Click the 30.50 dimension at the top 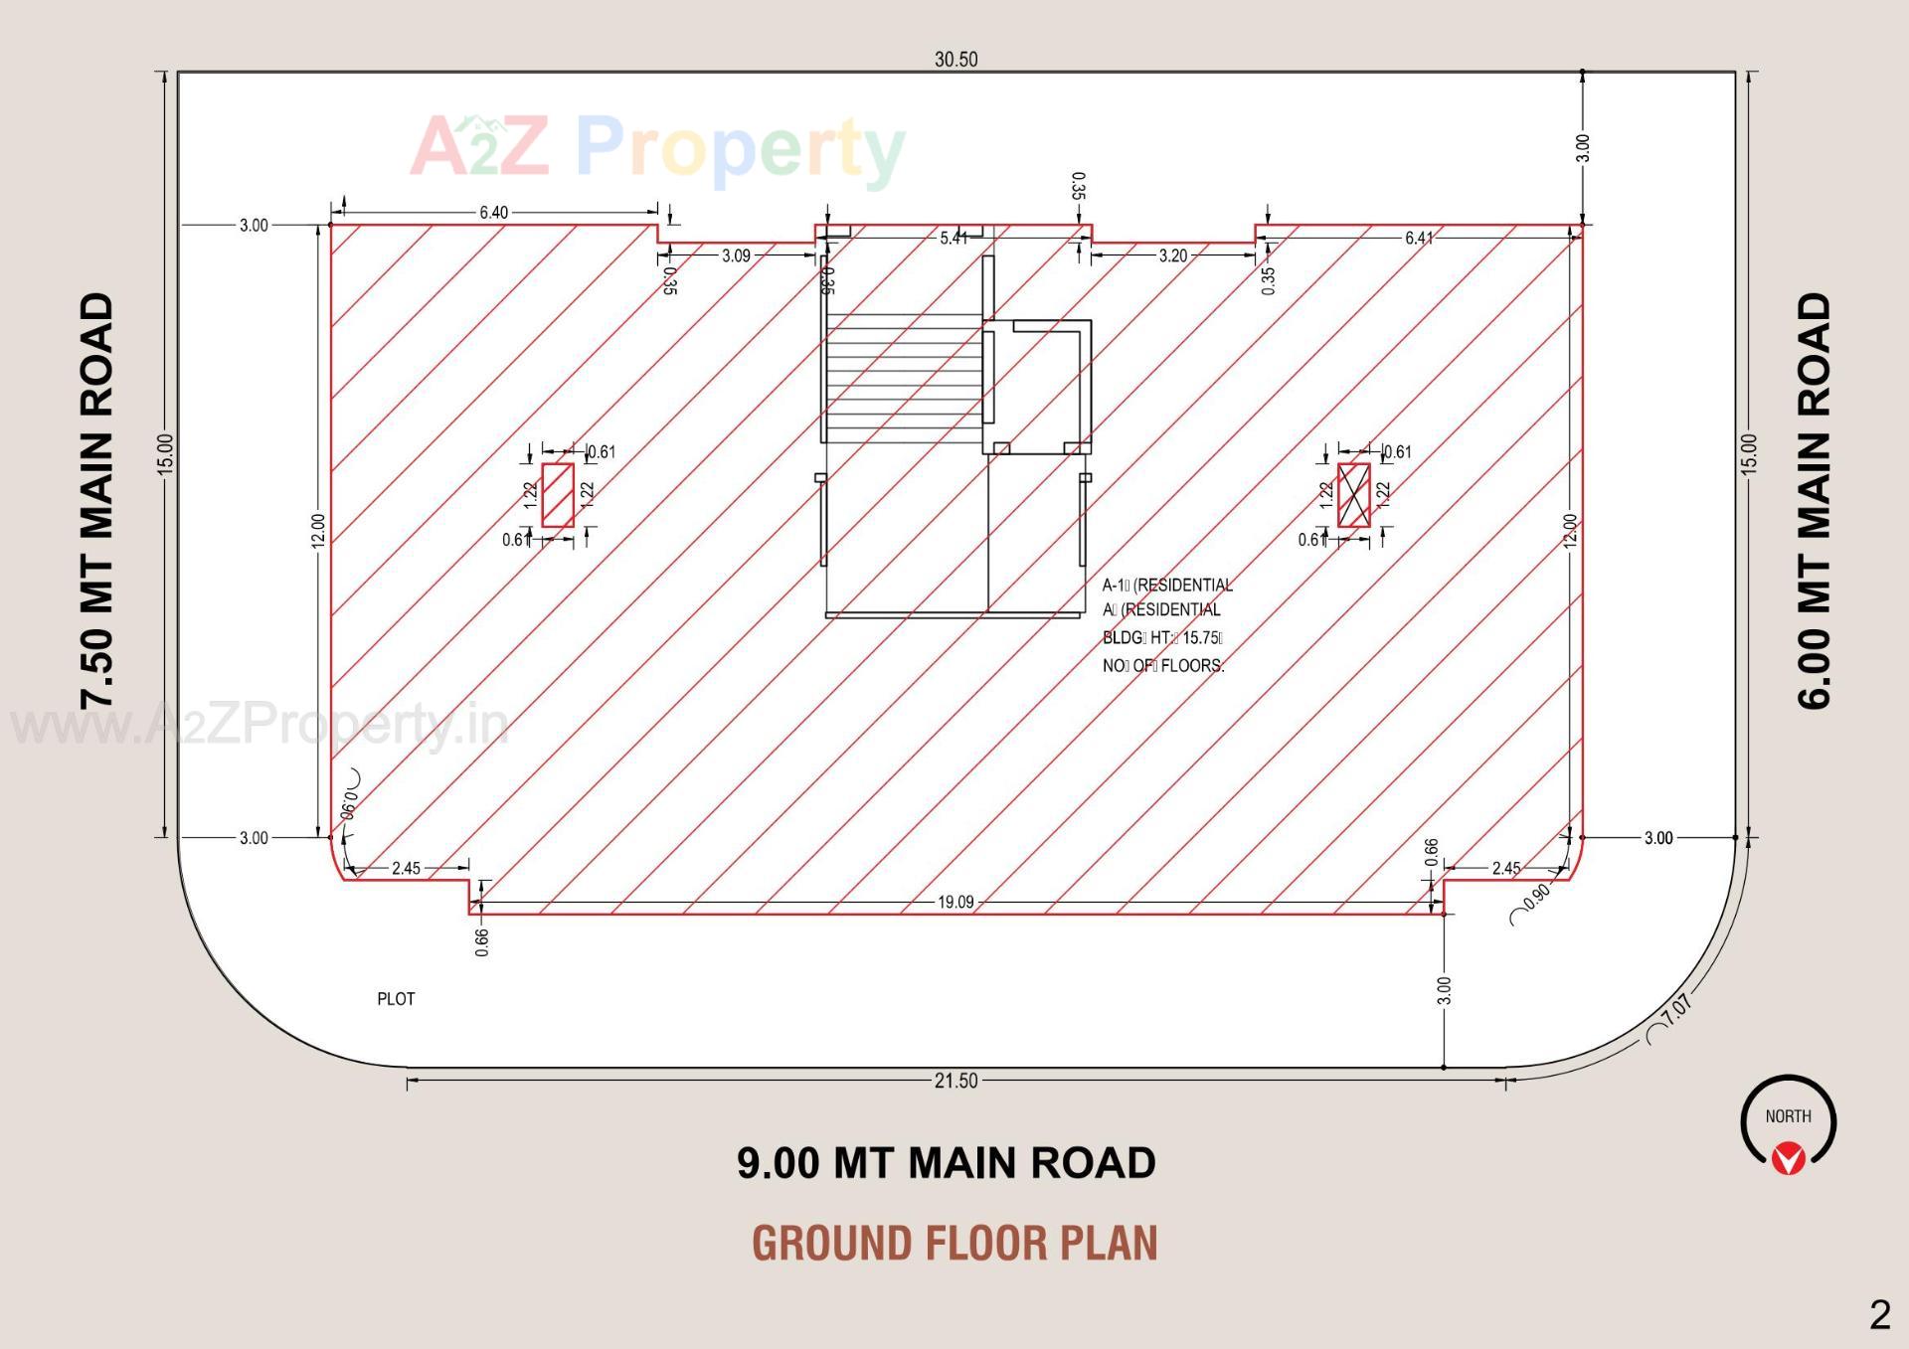coord(955,60)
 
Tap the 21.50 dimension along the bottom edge coord(955,1081)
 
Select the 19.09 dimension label coord(955,903)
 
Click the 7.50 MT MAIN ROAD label coord(97,500)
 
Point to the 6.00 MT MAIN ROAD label coord(1815,500)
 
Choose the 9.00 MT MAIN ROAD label coord(946,1162)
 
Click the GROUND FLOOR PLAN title coord(954,1243)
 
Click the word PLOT coord(396,999)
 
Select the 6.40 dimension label coord(493,212)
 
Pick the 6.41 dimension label coord(1419,238)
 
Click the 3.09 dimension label coord(736,255)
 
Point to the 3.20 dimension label coord(1172,255)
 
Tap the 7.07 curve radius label coord(1675,1010)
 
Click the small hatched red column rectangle coord(558,495)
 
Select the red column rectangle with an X coord(1353,495)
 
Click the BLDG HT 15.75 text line coord(1162,638)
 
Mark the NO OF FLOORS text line coord(1163,666)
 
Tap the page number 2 coord(1879,1315)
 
